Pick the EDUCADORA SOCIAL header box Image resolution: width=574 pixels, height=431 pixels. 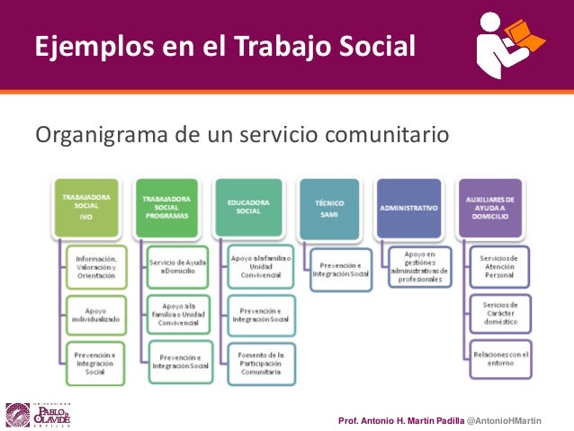(x=250, y=206)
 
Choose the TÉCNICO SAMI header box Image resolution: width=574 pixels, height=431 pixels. (x=330, y=206)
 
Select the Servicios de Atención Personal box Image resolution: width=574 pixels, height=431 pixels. (x=499, y=267)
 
